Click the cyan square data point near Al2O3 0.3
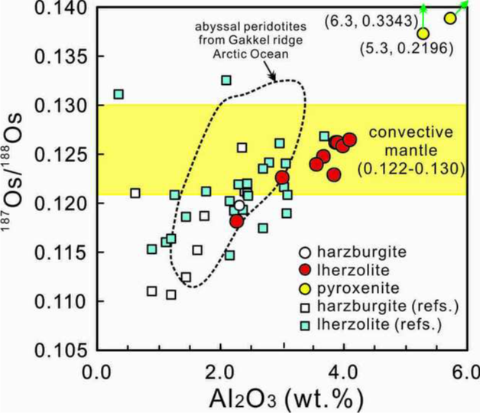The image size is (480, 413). pos(118,94)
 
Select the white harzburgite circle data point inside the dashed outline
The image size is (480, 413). pos(239,206)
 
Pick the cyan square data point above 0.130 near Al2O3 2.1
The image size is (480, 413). pos(226,80)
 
